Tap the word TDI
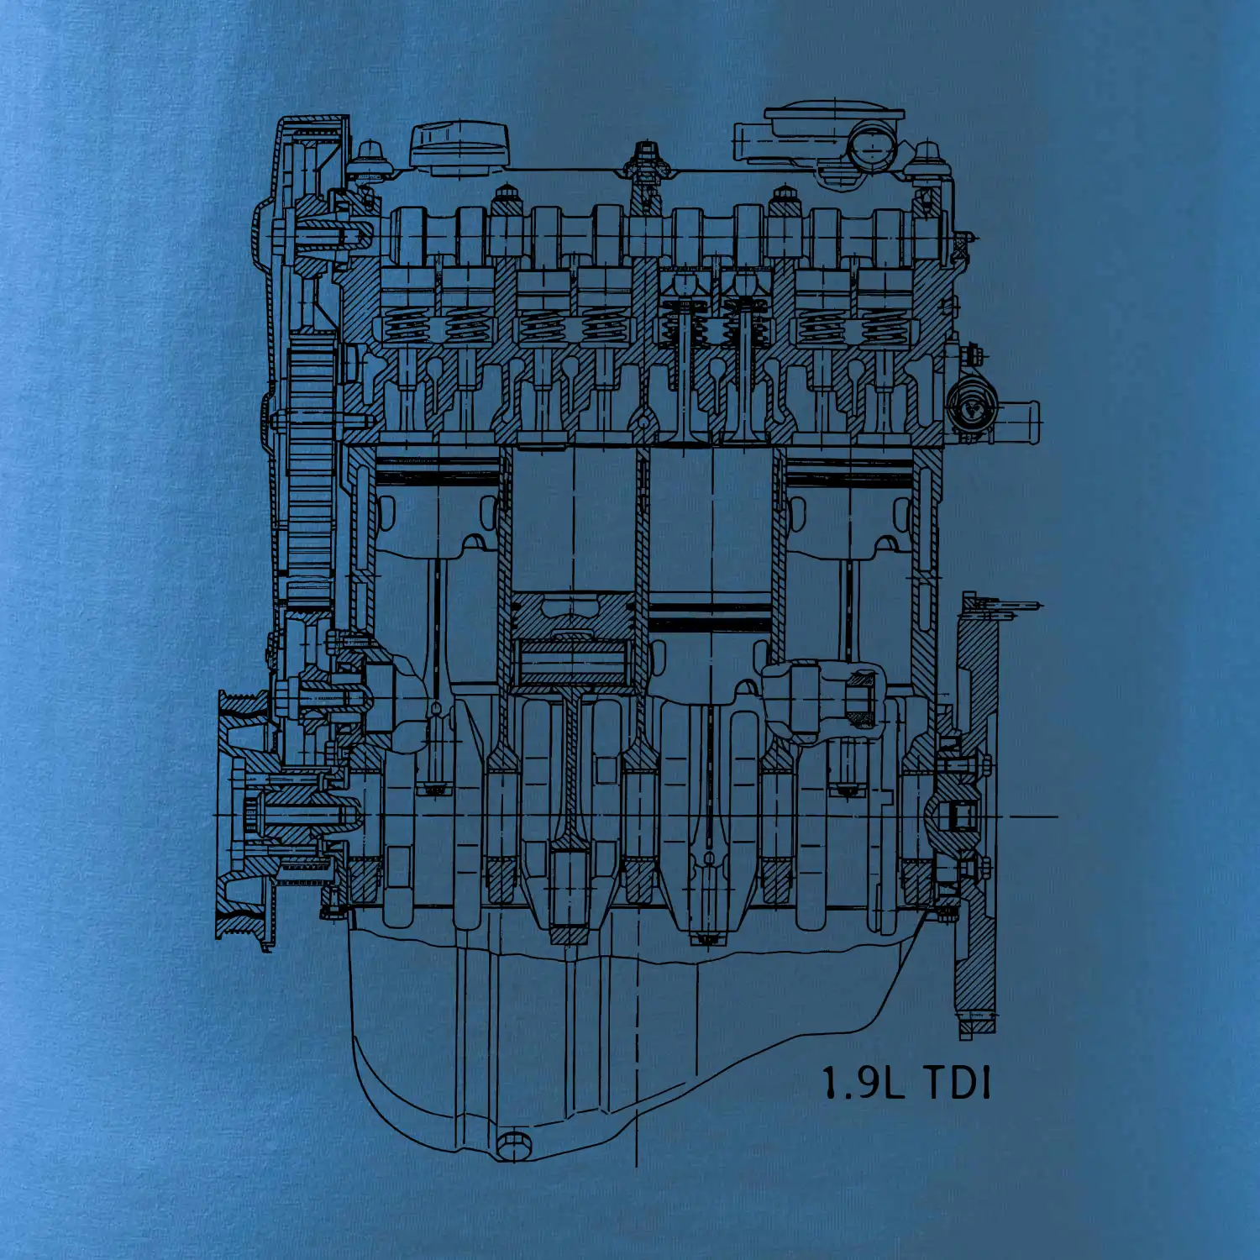(x=958, y=1083)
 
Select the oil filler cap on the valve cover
(x=459, y=149)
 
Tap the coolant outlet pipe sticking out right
(x=1016, y=417)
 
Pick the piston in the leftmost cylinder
(x=436, y=503)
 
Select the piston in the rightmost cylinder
(x=848, y=503)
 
